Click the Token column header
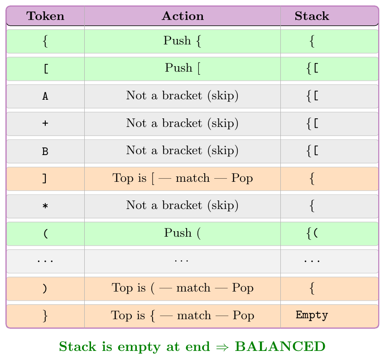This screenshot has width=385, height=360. pyautogui.click(x=45, y=16)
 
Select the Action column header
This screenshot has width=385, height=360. pyautogui.click(x=183, y=16)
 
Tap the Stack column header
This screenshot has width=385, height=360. pyautogui.click(x=312, y=16)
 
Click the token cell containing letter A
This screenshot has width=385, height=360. pyautogui.click(x=45, y=96)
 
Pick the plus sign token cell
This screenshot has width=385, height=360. pyautogui.click(x=45, y=123)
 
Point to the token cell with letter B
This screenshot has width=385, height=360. pyautogui.click(x=45, y=151)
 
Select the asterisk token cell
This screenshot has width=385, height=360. pyautogui.click(x=45, y=206)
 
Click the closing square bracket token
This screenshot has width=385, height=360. pyautogui.click(x=44, y=178)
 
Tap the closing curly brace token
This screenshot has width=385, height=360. pyautogui.click(x=45, y=316)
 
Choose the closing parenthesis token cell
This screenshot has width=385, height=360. pyautogui.click(x=45, y=288)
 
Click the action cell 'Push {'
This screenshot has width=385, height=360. pyautogui.click(x=183, y=41)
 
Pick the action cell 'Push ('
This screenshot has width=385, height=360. pyautogui.click(x=183, y=233)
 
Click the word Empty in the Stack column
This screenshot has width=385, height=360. pyautogui.click(x=312, y=315)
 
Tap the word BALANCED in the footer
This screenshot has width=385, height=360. pyautogui.click(x=280, y=347)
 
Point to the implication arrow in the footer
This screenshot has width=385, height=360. pyautogui.click(x=222, y=347)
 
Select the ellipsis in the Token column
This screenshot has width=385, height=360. pyautogui.click(x=45, y=261)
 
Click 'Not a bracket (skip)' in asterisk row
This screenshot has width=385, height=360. pyautogui.click(x=182, y=205)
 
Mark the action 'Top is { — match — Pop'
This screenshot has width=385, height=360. pyautogui.click(x=183, y=316)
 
